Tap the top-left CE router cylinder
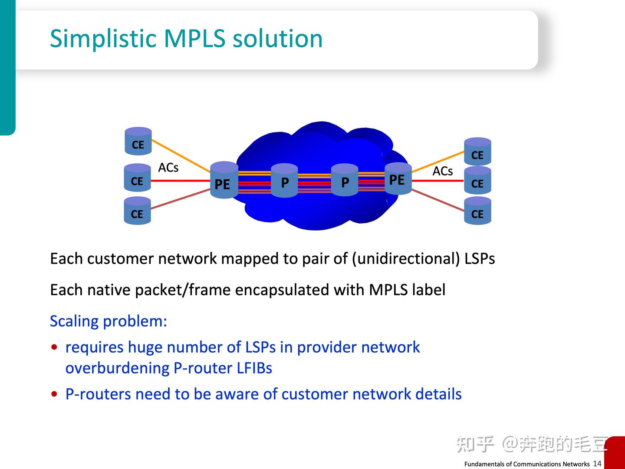[x=138, y=142]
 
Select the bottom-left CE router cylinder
[x=137, y=211]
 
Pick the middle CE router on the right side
[x=477, y=181]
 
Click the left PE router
[x=224, y=181]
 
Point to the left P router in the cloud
[x=284, y=181]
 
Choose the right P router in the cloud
[x=345, y=181]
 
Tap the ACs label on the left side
[x=168, y=168]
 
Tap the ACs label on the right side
[x=442, y=171]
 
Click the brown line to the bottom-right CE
[x=438, y=201]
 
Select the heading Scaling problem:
[x=109, y=321]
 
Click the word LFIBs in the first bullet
[x=254, y=368]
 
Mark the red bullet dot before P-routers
[x=54, y=394]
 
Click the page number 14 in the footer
[x=597, y=463]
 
